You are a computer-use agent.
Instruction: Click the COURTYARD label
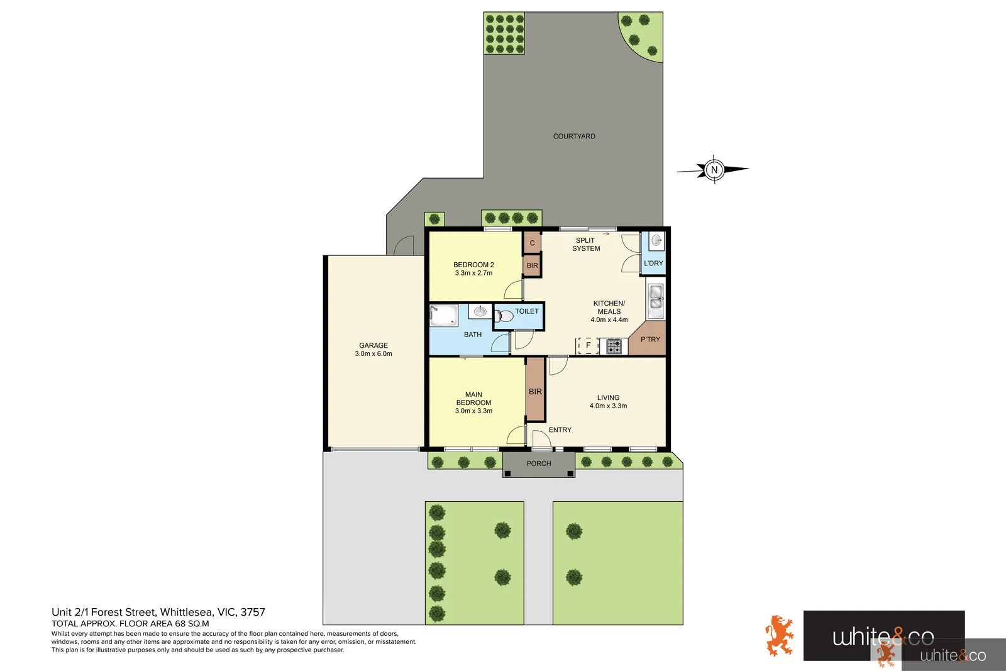[x=574, y=136]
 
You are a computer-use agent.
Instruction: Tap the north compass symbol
[x=714, y=170]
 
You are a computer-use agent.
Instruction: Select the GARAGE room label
[x=373, y=345]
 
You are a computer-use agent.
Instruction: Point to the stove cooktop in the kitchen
[x=614, y=346]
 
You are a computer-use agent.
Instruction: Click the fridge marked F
[x=588, y=345]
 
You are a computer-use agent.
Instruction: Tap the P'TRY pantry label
[x=650, y=340]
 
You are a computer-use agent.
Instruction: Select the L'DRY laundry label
[x=653, y=263]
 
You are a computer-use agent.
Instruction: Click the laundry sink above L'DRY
[x=656, y=240]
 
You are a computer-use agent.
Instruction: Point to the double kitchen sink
[x=656, y=299]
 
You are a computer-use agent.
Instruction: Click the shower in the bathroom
[x=443, y=315]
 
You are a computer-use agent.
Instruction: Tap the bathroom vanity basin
[x=480, y=311]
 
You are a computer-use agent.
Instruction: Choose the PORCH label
[x=539, y=463]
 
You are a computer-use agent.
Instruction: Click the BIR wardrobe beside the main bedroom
[x=535, y=391]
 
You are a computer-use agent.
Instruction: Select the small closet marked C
[x=532, y=243]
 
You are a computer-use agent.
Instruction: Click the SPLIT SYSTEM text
[x=586, y=245]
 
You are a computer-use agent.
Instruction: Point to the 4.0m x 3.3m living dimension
[x=608, y=406]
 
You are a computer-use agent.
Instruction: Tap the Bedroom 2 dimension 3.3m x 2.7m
[x=473, y=273]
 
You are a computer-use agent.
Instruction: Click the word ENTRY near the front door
[x=560, y=430]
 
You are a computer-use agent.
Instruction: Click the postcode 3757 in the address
[x=253, y=612]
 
